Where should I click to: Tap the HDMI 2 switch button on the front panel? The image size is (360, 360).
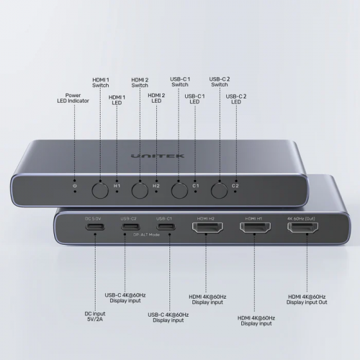tap(138, 190)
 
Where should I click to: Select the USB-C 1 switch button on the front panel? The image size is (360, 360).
tap(178, 190)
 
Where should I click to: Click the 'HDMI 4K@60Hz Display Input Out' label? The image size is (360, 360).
tap(307, 300)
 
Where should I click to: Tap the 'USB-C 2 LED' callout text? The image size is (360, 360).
tap(235, 100)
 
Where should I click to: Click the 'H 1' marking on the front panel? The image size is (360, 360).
tap(117, 188)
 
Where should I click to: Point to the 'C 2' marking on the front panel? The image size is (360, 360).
tap(235, 188)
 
